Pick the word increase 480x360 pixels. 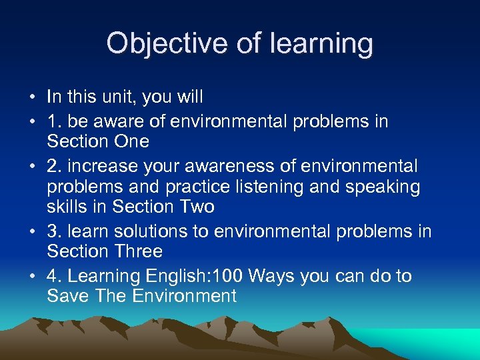tap(103, 165)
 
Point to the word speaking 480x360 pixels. tap(385, 187)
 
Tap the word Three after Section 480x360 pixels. tap(138, 251)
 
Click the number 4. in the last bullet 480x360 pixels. tap(55, 276)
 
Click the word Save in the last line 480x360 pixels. tap(68, 296)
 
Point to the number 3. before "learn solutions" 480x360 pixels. tap(55, 231)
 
